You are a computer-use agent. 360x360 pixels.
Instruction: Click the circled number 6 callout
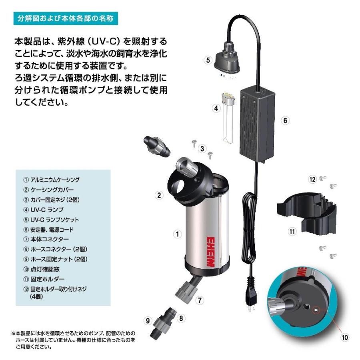(x=285, y=120)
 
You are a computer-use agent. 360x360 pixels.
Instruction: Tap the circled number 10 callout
(x=344, y=338)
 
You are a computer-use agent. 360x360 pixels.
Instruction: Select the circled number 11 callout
(x=292, y=231)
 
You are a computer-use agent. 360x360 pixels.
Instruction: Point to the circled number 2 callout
(x=159, y=196)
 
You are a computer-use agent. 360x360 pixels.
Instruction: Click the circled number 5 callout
(x=207, y=61)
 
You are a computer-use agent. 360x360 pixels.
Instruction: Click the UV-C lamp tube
(x=227, y=120)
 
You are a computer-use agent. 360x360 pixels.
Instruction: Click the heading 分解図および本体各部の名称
(x=66, y=19)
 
